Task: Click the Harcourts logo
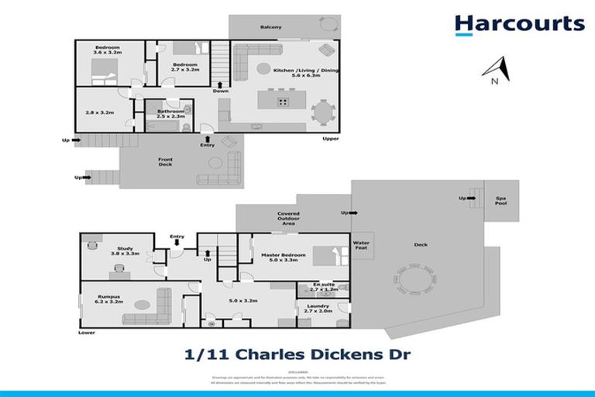coord(519,24)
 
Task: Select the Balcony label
coord(270,27)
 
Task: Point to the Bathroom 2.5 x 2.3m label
coord(170,114)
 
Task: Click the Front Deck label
coord(166,162)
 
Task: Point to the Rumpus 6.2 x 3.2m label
coord(108,298)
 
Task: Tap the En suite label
coord(319,288)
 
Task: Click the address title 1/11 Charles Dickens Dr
coord(297,356)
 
